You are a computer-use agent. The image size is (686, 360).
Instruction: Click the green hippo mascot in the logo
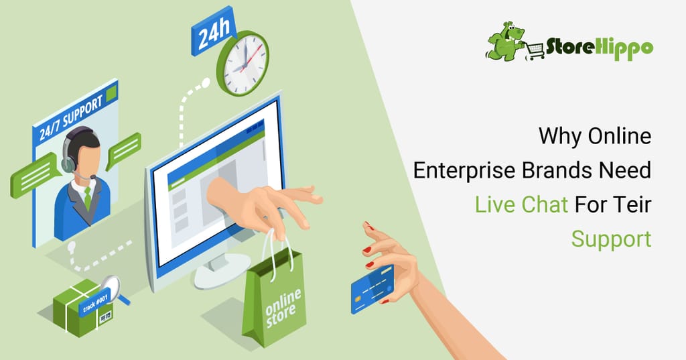[505, 41]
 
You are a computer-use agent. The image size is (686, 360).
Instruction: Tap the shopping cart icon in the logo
[535, 51]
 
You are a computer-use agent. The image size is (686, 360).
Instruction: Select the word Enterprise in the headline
[465, 170]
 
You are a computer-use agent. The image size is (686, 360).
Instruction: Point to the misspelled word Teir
[632, 204]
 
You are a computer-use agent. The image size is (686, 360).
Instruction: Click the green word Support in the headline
[611, 239]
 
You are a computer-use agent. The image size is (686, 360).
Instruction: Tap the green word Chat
[545, 204]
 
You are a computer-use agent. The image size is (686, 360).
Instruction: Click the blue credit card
[372, 289]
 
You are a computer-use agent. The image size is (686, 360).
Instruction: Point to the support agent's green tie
[88, 196]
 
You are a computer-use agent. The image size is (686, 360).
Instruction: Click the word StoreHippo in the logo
[600, 48]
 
